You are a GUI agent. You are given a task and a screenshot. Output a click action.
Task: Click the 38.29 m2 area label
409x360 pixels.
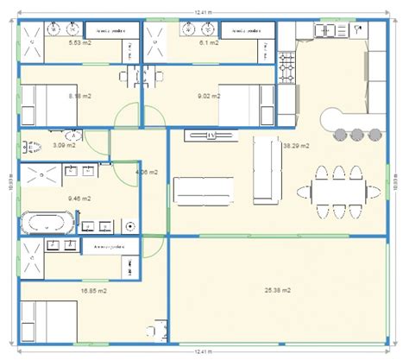296,146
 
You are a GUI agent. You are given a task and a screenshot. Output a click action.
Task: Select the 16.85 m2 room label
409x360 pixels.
94,291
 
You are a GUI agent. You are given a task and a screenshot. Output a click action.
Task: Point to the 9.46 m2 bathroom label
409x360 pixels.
79,198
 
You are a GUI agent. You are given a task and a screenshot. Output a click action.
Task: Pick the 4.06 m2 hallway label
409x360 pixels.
147,172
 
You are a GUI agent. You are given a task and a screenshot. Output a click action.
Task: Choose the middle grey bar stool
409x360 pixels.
356,134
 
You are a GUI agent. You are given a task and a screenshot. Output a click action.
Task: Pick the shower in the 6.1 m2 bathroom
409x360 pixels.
157,41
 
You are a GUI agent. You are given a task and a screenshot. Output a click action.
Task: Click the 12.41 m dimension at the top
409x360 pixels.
204,10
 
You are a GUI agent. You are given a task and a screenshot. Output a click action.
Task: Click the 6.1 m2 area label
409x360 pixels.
209,41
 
